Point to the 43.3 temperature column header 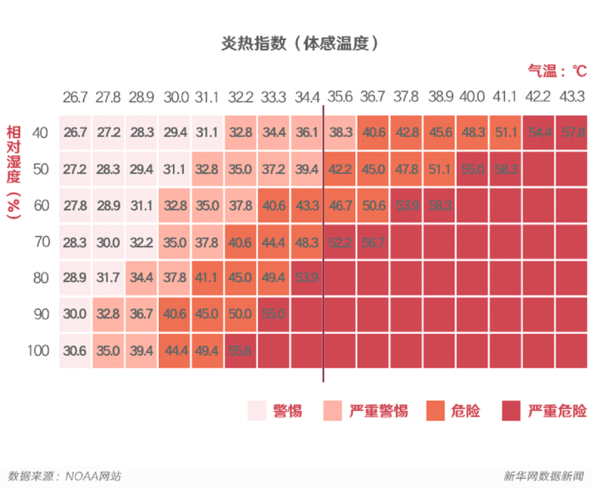click(x=572, y=97)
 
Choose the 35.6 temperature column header click(x=340, y=97)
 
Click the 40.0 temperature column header click(x=472, y=97)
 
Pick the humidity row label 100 click(x=38, y=350)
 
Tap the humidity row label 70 click(x=42, y=242)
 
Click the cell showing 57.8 click(x=572, y=132)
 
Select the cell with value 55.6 click(x=240, y=350)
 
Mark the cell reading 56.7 click(x=373, y=242)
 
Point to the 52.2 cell click(x=340, y=242)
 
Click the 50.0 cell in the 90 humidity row click(x=240, y=314)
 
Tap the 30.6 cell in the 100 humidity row click(x=75, y=350)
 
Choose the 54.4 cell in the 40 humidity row click(x=538, y=132)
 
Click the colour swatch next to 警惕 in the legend click(x=257, y=411)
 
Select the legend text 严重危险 click(x=557, y=411)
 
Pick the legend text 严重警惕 click(x=379, y=411)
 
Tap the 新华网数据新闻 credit click(x=543, y=475)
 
